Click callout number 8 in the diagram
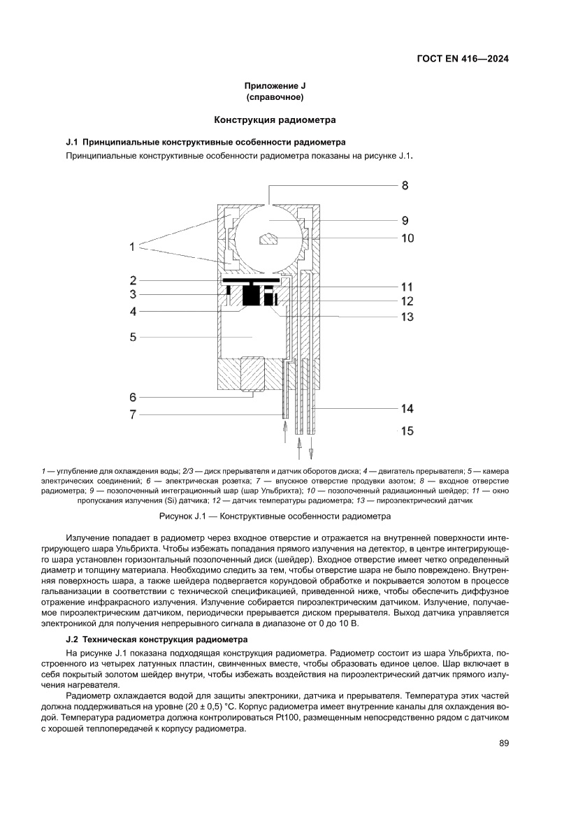click(405, 186)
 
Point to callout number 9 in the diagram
click(405, 220)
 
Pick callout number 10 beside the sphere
click(407, 238)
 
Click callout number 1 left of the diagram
click(131, 246)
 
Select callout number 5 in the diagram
click(132, 337)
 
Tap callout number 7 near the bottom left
click(132, 414)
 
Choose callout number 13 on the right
click(407, 317)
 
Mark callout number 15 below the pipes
click(407, 431)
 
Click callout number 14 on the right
click(407, 408)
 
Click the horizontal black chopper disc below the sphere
click(251, 280)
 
